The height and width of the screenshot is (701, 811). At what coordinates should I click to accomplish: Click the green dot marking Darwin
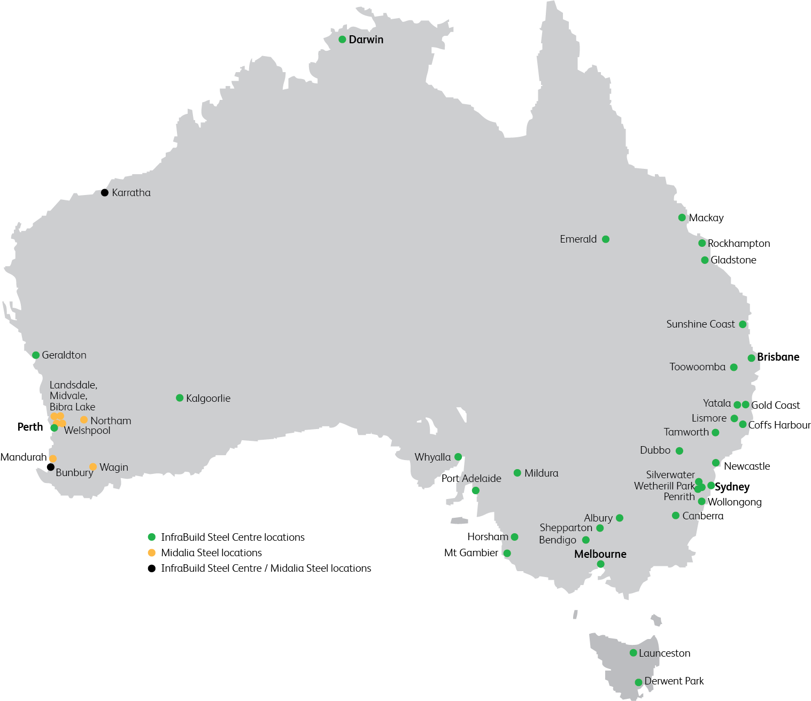[x=342, y=40]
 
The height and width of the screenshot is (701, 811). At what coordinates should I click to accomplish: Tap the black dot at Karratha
[x=105, y=192]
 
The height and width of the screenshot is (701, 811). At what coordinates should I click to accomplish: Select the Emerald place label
[x=578, y=239]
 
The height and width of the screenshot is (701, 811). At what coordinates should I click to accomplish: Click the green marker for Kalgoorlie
[x=180, y=398]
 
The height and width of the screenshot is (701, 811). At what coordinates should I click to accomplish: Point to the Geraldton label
[x=64, y=355]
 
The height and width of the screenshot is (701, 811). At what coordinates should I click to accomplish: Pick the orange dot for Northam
[x=83, y=420]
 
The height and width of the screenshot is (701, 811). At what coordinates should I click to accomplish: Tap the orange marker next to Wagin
[x=93, y=467]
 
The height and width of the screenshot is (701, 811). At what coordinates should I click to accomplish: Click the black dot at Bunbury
[x=50, y=467]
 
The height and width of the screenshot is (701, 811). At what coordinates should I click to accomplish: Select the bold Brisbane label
[x=778, y=357]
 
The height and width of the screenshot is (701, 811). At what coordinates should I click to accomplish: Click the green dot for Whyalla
[x=458, y=457]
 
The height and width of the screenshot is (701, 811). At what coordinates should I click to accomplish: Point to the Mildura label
[x=541, y=473]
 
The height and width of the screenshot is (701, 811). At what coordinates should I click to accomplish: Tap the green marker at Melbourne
[x=600, y=564]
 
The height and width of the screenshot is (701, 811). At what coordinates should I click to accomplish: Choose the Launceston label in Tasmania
[x=665, y=653]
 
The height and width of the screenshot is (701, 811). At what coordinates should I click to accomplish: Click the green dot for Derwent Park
[x=638, y=682]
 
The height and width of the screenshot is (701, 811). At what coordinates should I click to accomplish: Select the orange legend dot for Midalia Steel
[x=152, y=552]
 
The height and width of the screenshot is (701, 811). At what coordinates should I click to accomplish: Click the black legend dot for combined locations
[x=152, y=568]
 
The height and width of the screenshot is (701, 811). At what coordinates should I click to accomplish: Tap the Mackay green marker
[x=682, y=217]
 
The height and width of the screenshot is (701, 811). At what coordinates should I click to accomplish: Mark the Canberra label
[x=702, y=516]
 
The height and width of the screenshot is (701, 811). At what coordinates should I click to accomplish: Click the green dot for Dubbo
[x=679, y=451]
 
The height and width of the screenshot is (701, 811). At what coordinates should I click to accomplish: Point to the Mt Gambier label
[x=471, y=552]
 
